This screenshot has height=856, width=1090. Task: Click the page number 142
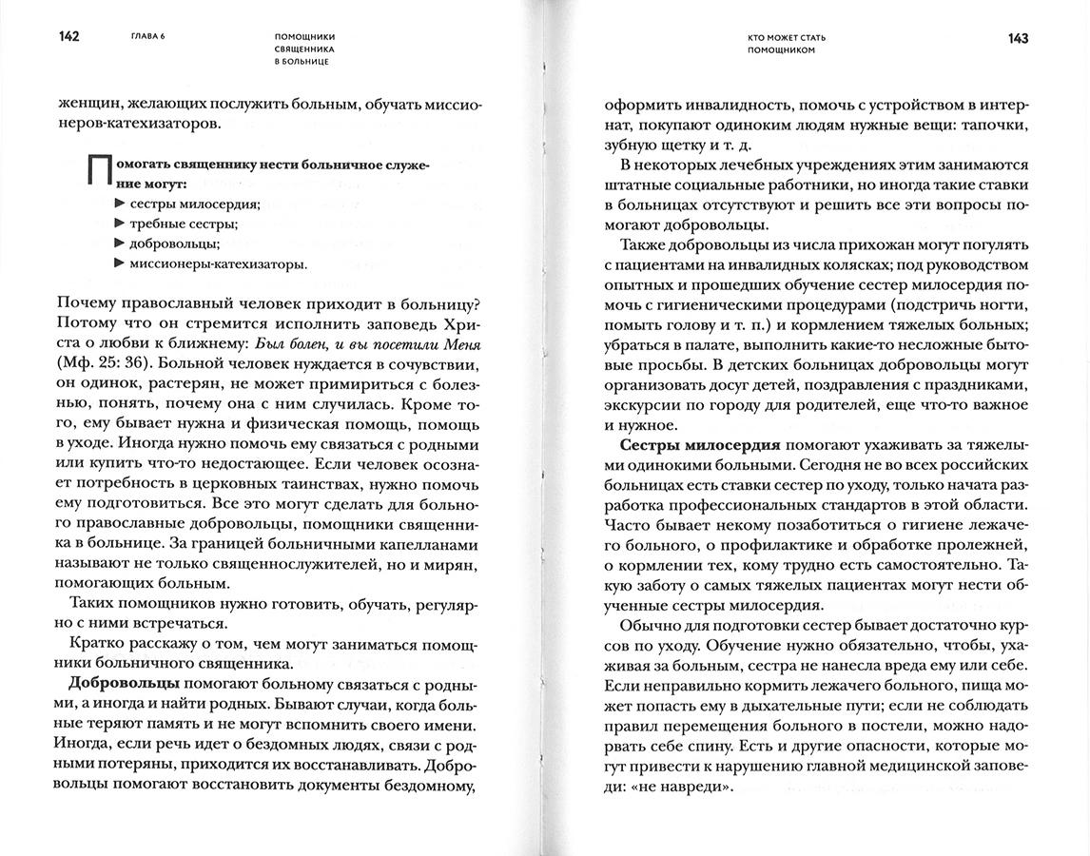(68, 36)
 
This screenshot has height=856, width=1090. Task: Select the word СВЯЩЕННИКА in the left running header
(305, 49)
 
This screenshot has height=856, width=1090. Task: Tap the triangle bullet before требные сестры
(119, 224)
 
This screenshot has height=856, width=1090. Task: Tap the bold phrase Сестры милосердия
(699, 444)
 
